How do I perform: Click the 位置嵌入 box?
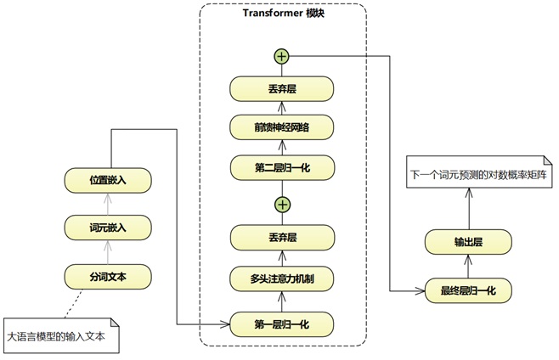pyautogui.click(x=108, y=180)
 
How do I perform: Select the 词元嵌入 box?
pyautogui.click(x=108, y=228)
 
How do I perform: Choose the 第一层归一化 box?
pyautogui.click(x=282, y=324)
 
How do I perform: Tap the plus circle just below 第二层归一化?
pyautogui.click(x=282, y=204)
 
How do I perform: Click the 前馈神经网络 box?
pyautogui.click(x=282, y=127)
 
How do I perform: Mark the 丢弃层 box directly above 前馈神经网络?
pyautogui.click(x=282, y=88)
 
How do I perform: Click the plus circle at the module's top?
pyautogui.click(x=282, y=56)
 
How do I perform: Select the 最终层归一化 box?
pyautogui.click(x=467, y=291)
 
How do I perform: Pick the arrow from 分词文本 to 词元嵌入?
pyautogui.click(x=108, y=251)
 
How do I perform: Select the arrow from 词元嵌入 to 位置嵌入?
pyautogui.click(x=108, y=204)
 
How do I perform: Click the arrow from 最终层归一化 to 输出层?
pyautogui.click(x=467, y=267)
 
